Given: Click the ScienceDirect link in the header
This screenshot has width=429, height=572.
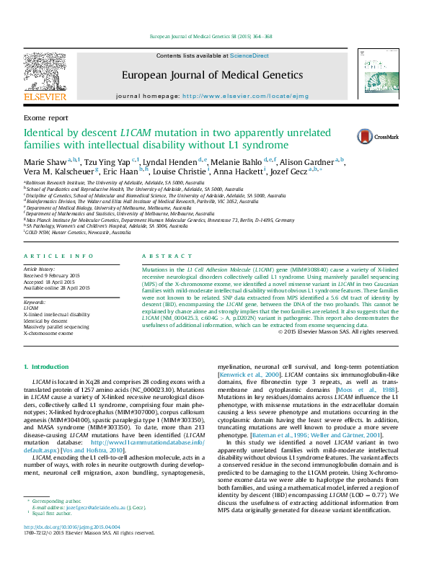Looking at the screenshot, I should coord(249,55).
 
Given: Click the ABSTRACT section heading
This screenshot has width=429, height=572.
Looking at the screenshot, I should coord(157,256).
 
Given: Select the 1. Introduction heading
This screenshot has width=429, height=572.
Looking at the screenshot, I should coord(47,367).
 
